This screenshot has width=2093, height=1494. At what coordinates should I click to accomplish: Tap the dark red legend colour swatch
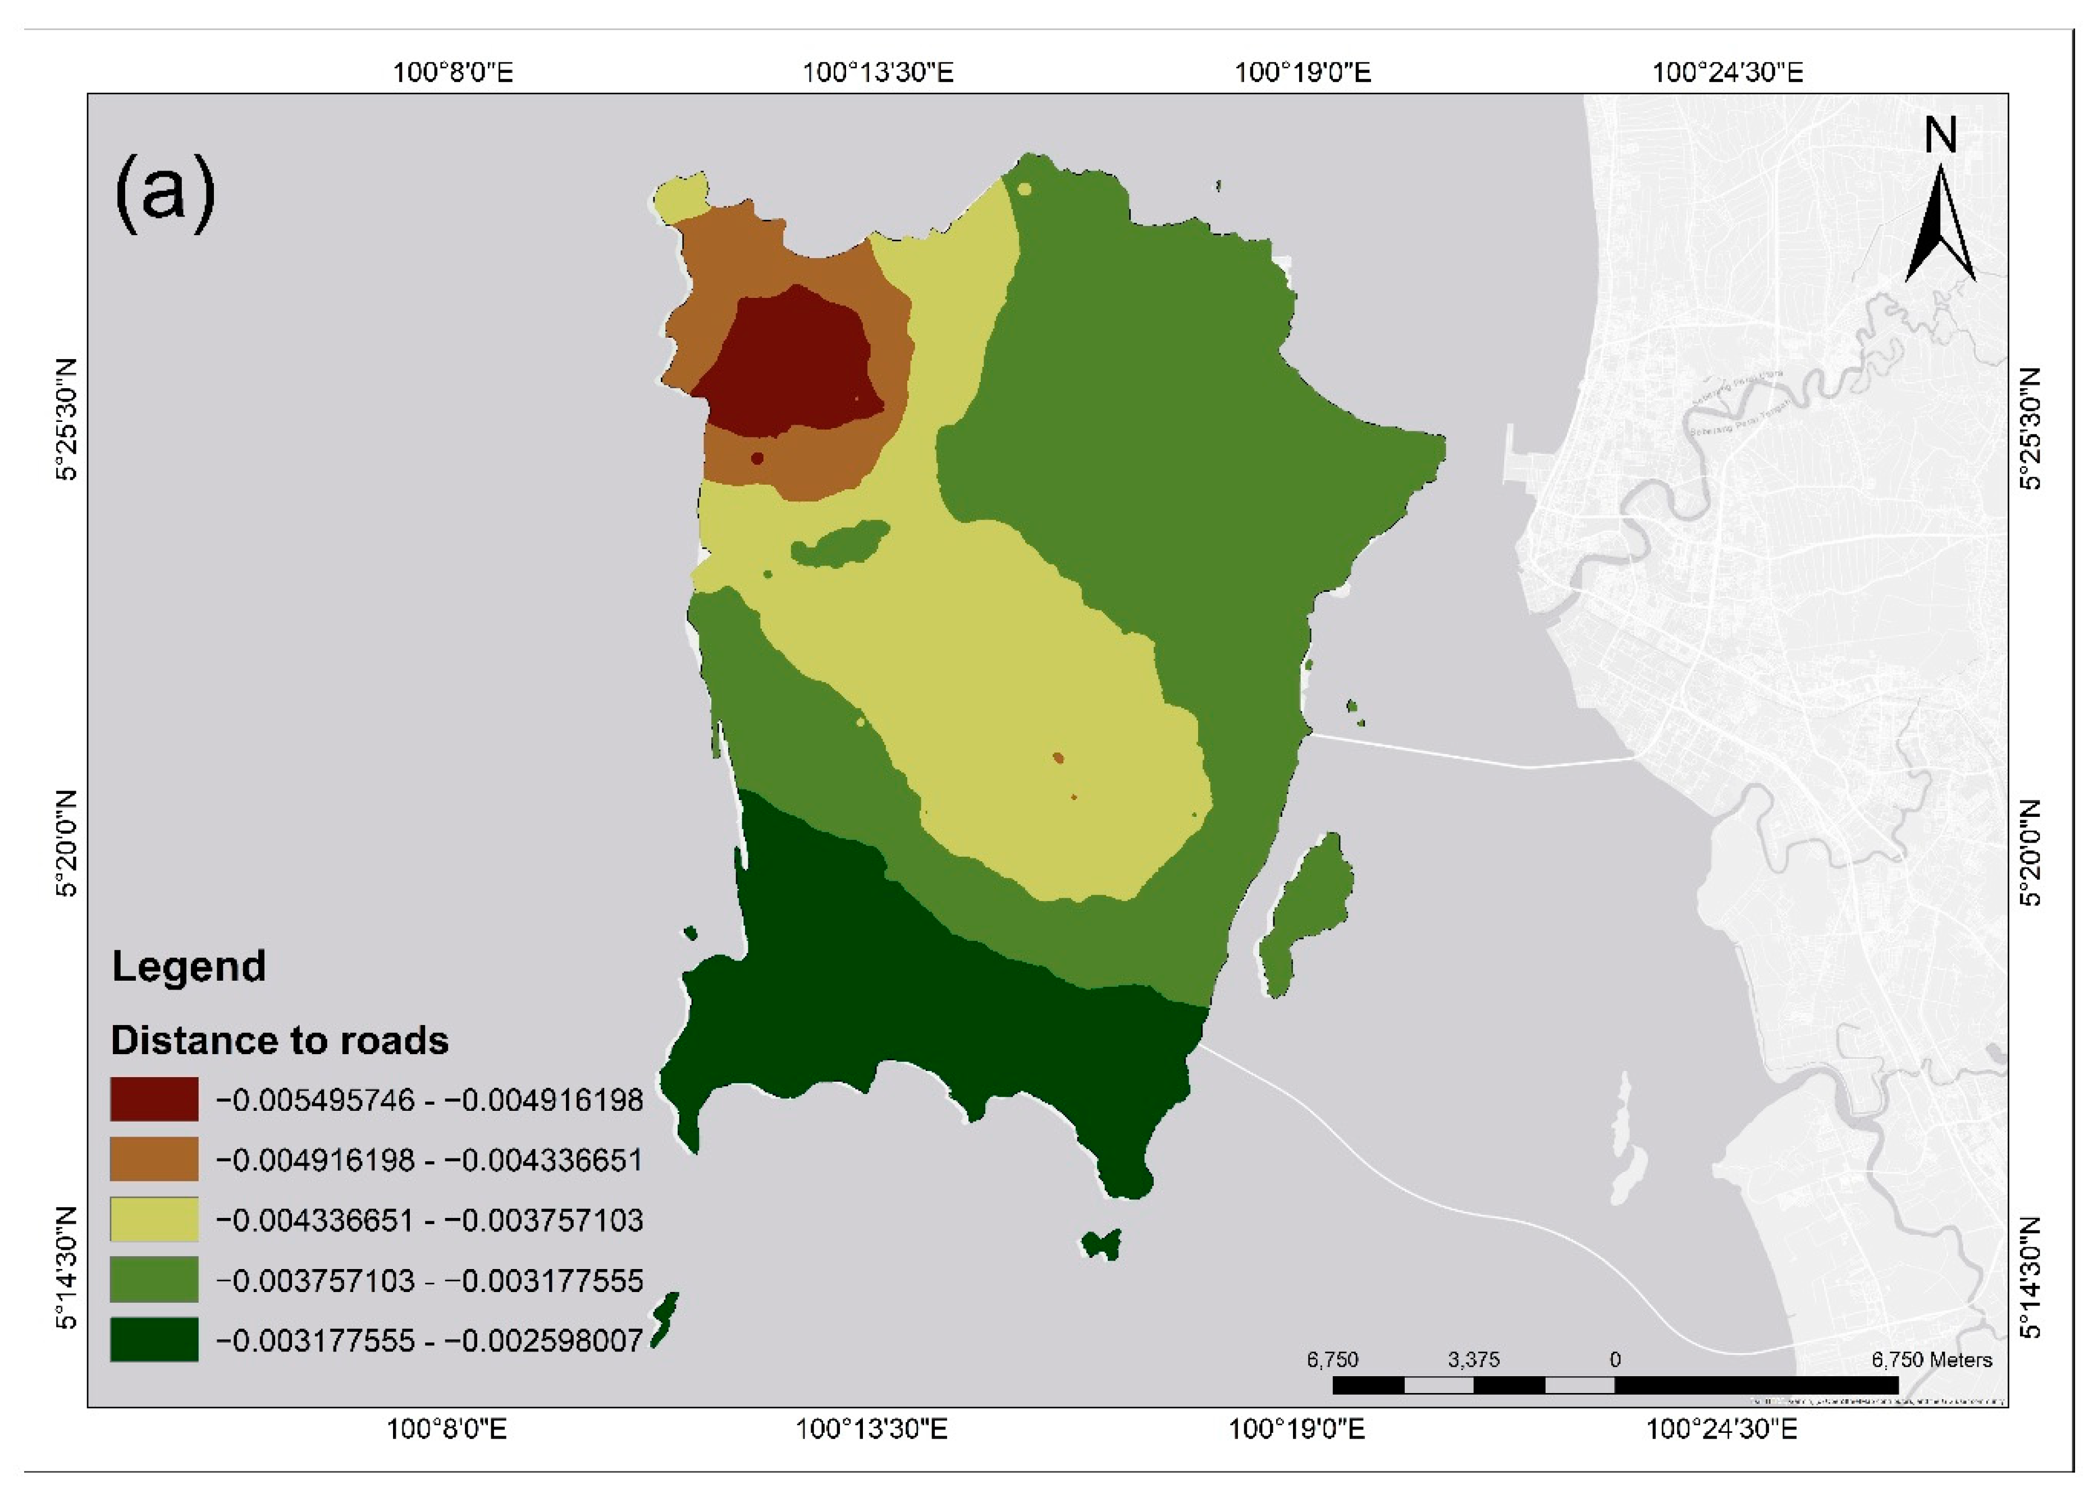point(154,1100)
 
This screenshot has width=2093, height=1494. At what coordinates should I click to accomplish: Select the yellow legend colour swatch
point(154,1220)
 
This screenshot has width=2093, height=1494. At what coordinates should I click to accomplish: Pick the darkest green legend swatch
point(154,1340)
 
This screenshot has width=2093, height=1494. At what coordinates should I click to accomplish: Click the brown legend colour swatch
point(154,1159)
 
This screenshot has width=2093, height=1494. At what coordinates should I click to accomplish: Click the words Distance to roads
point(280,1041)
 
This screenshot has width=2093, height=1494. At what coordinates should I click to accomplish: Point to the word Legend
point(189,967)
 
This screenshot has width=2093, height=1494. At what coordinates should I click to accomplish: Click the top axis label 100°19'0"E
point(1303,72)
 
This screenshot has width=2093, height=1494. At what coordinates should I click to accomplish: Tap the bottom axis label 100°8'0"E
point(446,1429)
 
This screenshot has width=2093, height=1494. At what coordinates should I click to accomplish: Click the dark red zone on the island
point(787,364)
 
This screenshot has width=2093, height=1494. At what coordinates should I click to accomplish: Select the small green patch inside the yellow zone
point(839,545)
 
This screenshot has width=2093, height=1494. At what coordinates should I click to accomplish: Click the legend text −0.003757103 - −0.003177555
point(429,1281)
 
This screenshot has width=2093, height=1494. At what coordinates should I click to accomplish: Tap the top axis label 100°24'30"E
point(1727,72)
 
